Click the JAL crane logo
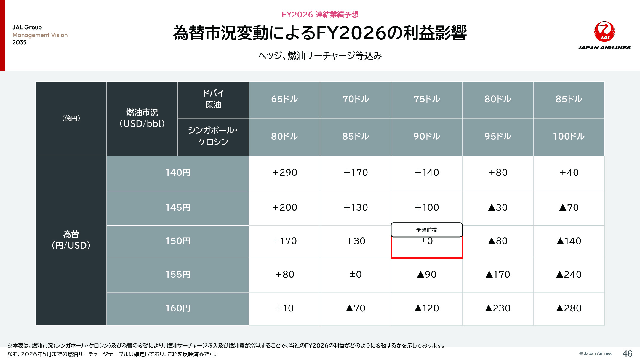coord(604,31)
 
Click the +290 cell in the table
coord(284,172)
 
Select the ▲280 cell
coord(569,308)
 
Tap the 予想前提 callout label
coord(427,230)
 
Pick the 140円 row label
coord(177,172)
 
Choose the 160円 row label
coord(177,308)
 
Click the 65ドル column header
coord(284,99)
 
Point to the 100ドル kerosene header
coord(569,136)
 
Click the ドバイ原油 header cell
coord(213,99)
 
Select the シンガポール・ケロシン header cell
coord(213,136)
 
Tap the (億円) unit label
coord(71,118)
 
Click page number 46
coord(628,353)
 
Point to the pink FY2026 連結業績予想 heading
coord(320,15)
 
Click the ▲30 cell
coord(498,207)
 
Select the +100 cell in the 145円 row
coord(427,207)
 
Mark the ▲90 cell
coord(427,274)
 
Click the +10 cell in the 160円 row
coord(284,308)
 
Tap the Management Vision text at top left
coord(40,35)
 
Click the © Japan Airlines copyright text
coord(595,353)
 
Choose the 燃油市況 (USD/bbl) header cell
coord(142,118)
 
